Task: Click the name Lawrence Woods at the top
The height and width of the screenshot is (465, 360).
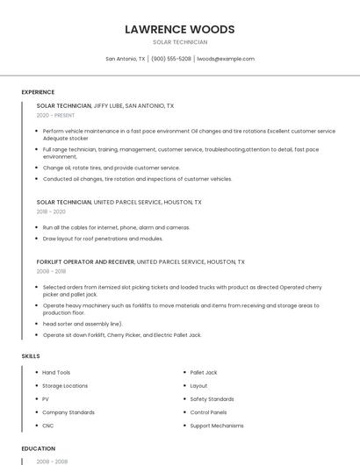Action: [x=180, y=29]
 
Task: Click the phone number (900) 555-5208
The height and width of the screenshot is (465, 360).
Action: [x=170, y=59]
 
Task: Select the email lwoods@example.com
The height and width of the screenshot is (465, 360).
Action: [x=226, y=59]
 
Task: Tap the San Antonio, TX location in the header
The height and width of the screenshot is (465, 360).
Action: [x=126, y=59]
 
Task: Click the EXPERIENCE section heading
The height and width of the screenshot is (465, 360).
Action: [x=38, y=92]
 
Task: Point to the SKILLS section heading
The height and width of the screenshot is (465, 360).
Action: [x=31, y=356]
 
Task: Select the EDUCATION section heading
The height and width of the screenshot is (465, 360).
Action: [x=39, y=448]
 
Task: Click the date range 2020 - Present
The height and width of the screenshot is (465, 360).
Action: [x=55, y=115]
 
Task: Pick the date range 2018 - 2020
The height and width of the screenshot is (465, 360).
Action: [x=51, y=211]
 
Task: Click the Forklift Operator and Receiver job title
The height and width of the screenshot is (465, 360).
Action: [x=85, y=261]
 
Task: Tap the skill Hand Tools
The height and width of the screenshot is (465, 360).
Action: [x=56, y=373]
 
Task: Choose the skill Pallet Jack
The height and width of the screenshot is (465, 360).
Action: [x=203, y=373]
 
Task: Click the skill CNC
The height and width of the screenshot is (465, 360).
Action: [x=48, y=426]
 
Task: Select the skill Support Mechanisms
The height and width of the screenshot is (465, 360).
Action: [x=217, y=426]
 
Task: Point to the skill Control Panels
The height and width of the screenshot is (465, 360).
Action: [x=208, y=412]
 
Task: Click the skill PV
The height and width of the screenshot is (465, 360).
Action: [x=46, y=399]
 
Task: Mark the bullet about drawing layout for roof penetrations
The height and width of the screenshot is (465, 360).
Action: [x=103, y=238]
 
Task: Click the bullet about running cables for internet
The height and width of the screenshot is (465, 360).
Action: [x=116, y=227]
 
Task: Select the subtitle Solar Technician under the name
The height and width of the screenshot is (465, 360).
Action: [x=180, y=42]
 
